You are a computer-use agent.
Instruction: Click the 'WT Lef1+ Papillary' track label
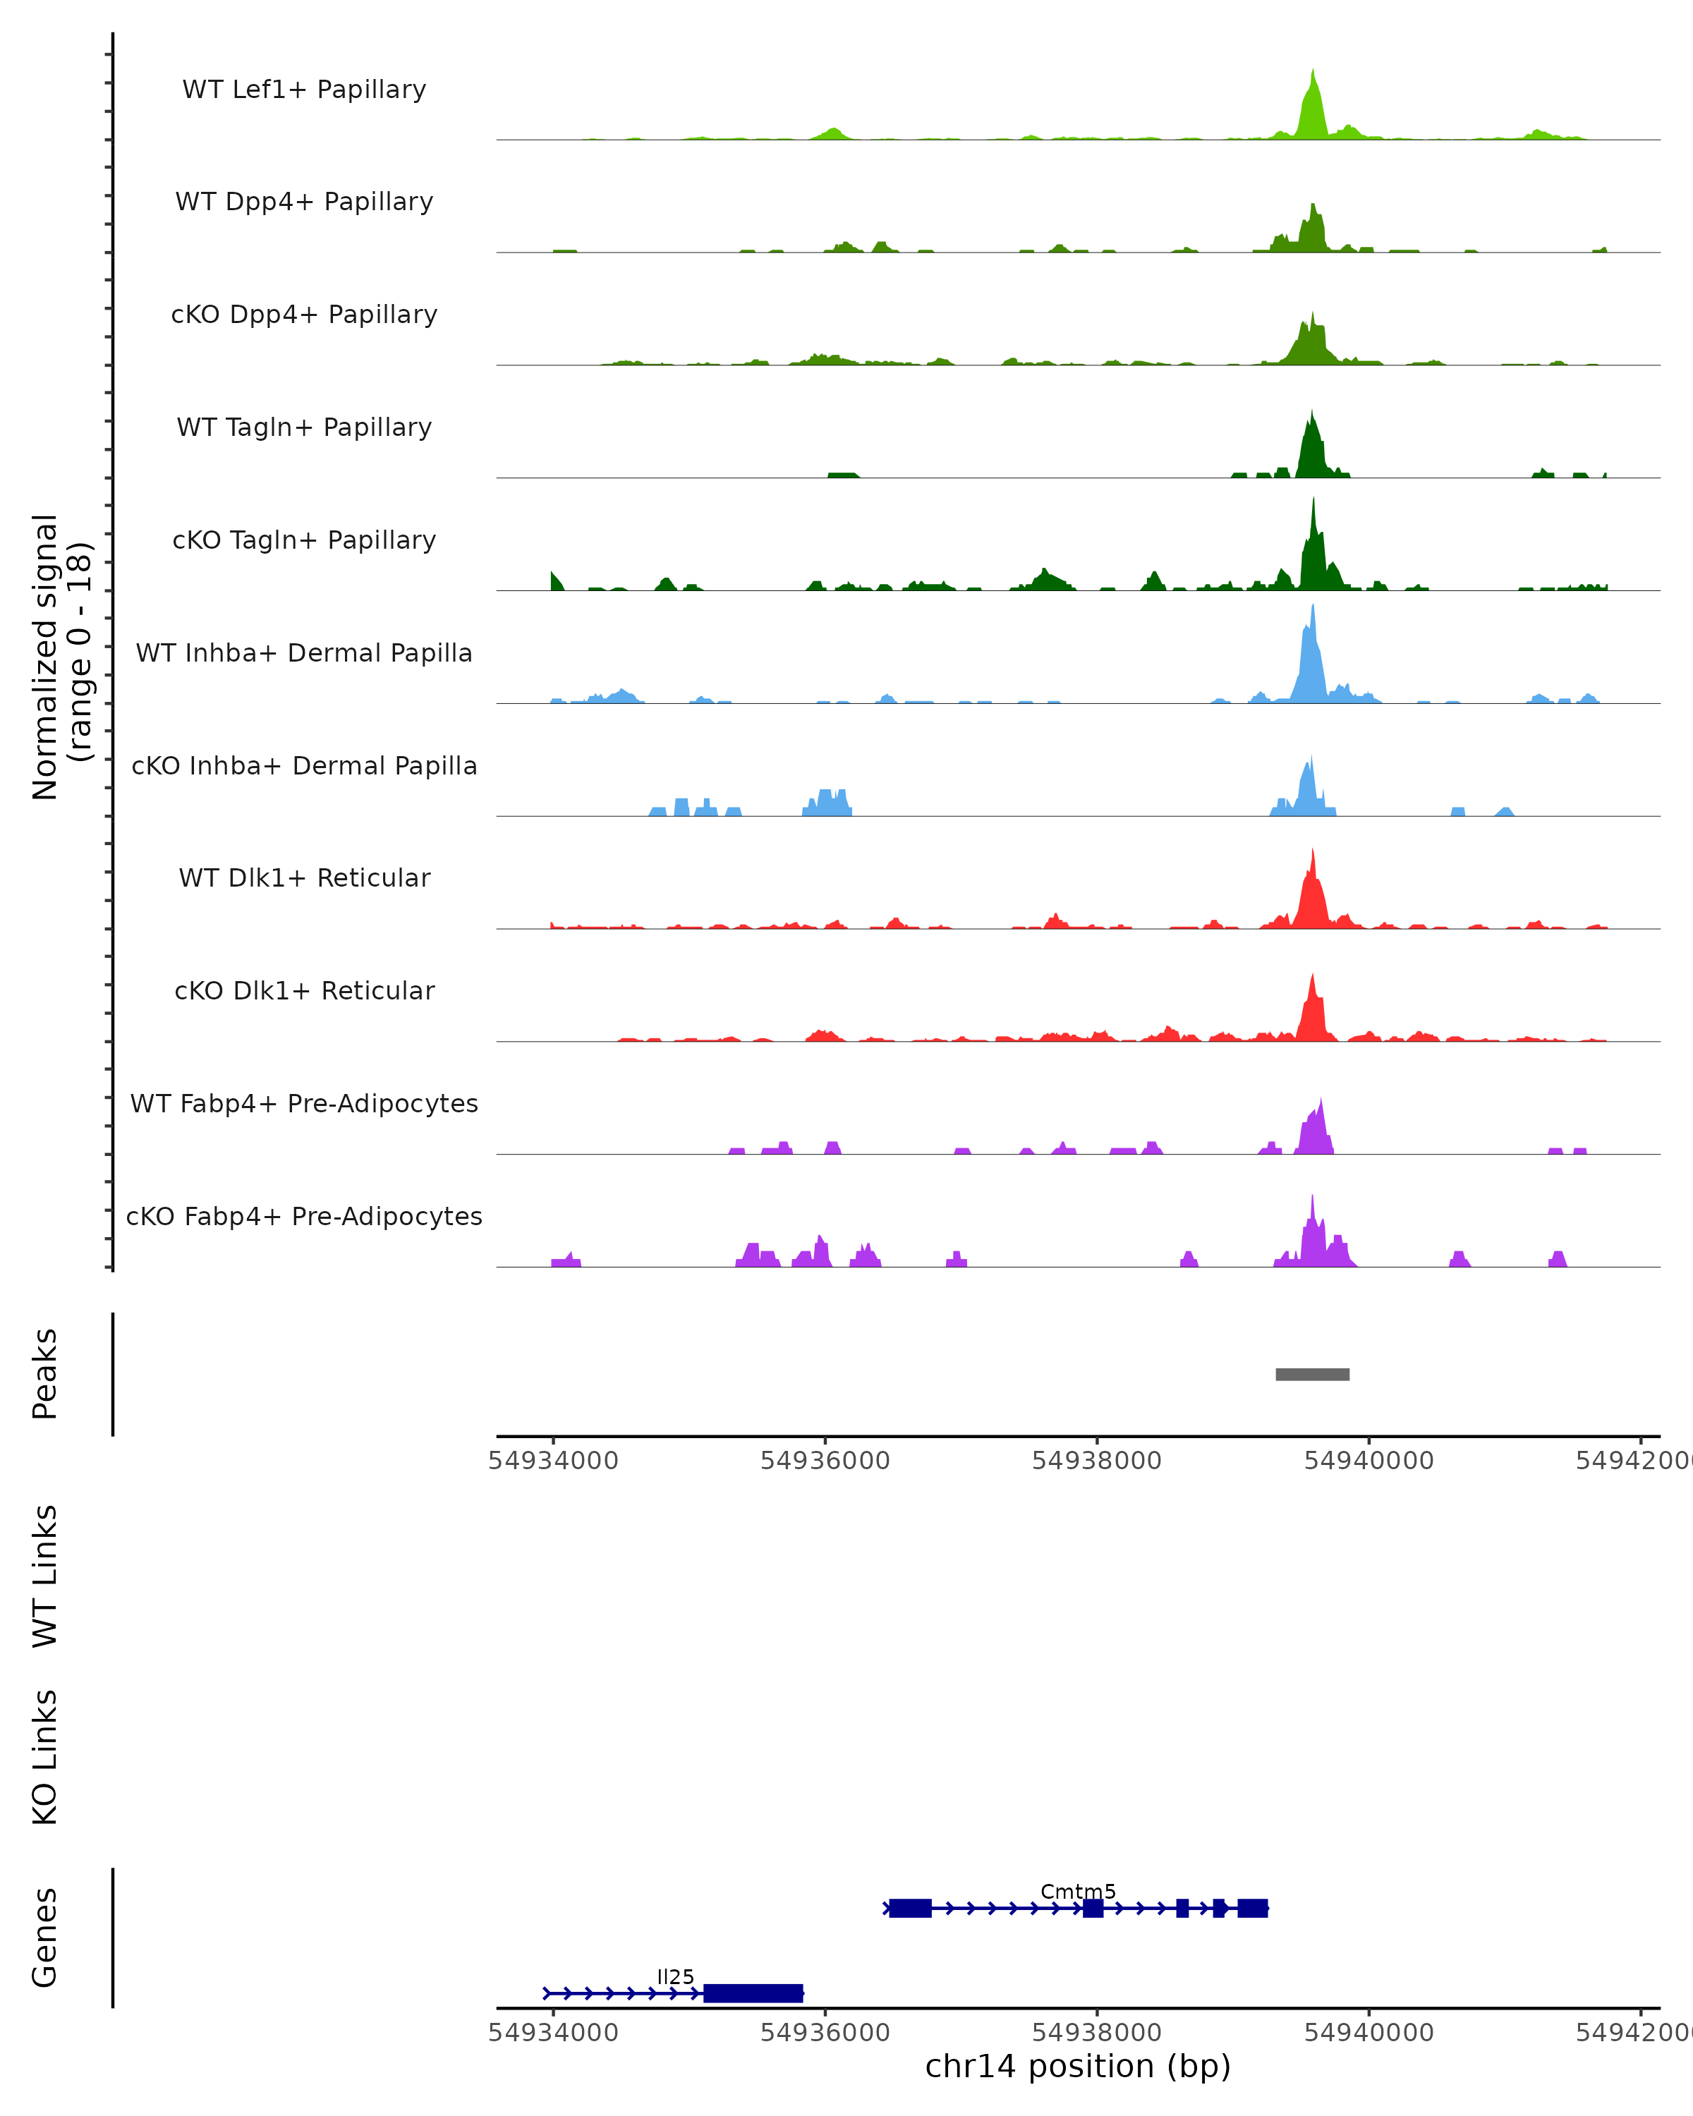(304, 90)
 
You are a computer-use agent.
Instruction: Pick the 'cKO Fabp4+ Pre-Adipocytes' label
(304, 1216)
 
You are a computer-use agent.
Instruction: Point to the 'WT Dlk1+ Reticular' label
(304, 878)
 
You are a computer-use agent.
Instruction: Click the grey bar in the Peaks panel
(1312, 1374)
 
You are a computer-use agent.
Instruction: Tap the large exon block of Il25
(753, 1993)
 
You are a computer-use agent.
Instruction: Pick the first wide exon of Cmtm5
(910, 1908)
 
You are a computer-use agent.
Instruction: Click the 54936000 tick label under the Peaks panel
(825, 1461)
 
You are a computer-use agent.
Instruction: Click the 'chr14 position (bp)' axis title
(1078, 2067)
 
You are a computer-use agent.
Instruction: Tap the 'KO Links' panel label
(45, 1757)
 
